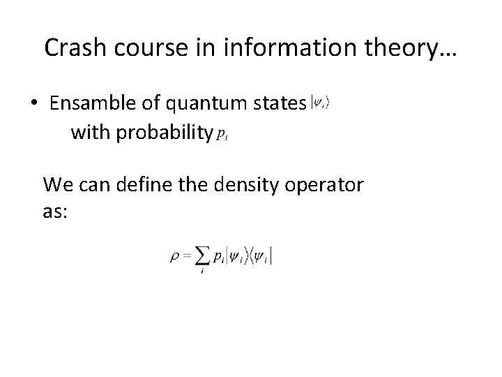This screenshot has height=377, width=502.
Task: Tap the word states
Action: tap(276, 104)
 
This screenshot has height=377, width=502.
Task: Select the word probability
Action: tap(163, 131)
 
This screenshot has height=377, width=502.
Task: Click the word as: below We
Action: tap(55, 212)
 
